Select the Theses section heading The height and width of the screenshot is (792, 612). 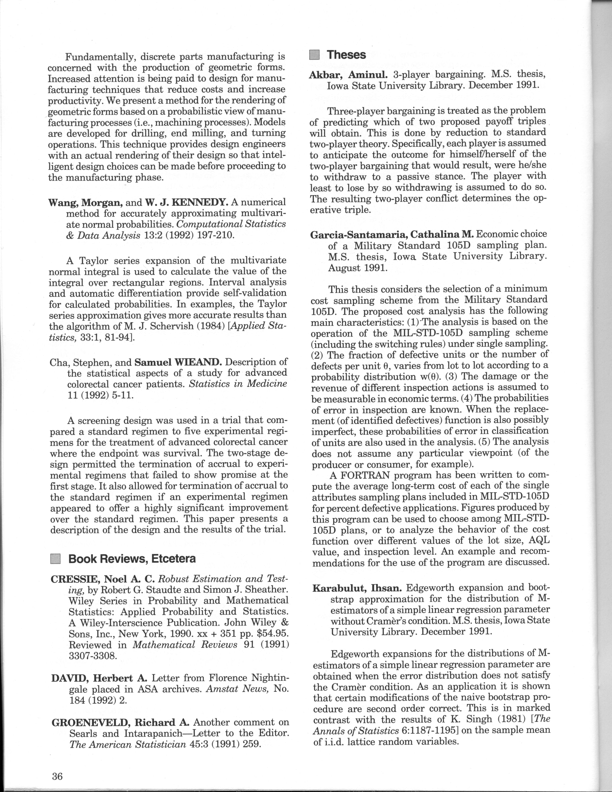(x=346, y=55)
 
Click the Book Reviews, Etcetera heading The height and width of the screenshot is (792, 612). (x=132, y=559)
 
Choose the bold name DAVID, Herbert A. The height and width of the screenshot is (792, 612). (x=99, y=678)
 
